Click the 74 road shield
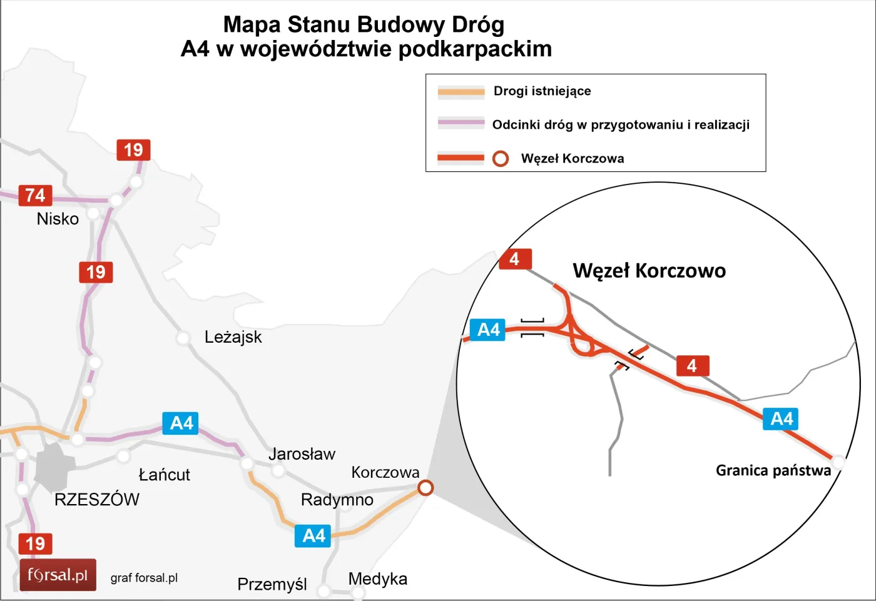coord(35,196)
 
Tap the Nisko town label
coord(58,219)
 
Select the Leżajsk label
coord(233,337)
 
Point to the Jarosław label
coord(302,454)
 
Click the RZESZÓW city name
coord(97,500)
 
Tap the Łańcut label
coord(164,475)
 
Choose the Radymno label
coord(337,500)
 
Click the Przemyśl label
coord(272,584)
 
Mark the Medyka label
coord(377,579)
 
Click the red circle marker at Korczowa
coord(425,487)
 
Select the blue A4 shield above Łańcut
coord(181,423)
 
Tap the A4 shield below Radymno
coord(313,536)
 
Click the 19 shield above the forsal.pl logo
coord(35,543)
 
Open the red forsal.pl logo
coord(58,575)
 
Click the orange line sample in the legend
coord(461,92)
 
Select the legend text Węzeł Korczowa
coord(572,159)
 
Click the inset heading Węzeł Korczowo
coord(649,271)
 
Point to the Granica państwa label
coord(773,470)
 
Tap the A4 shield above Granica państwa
coord(782,418)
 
